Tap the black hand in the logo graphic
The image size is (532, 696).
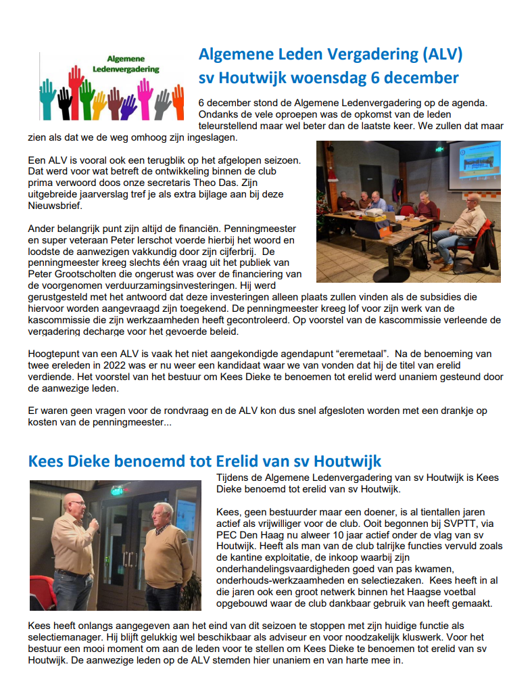65,101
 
